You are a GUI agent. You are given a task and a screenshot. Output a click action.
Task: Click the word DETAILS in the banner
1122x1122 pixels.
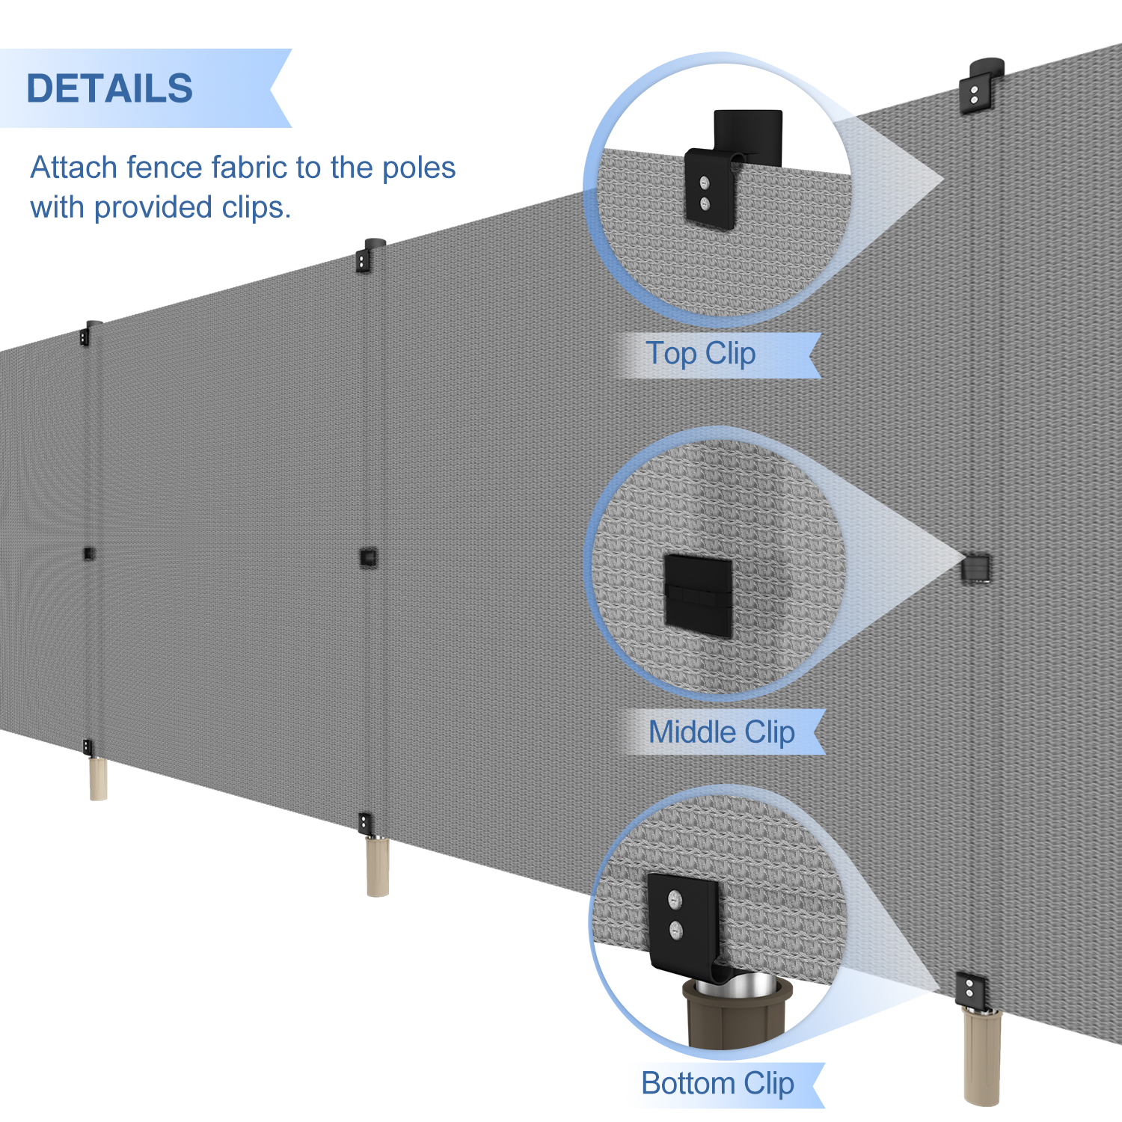[x=110, y=88]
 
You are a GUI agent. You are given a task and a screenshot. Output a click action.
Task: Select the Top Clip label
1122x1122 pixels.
[x=701, y=354]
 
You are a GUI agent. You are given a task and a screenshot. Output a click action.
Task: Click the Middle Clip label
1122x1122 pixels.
[x=721, y=732]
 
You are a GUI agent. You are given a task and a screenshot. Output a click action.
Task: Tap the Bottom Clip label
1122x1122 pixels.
[x=717, y=1084]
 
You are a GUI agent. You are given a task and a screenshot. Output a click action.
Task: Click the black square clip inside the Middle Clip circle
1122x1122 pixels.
[x=698, y=595]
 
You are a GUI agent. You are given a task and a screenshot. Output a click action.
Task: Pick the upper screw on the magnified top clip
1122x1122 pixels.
[x=704, y=183]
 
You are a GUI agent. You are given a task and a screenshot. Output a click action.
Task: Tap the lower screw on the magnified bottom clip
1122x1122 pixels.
[x=676, y=931]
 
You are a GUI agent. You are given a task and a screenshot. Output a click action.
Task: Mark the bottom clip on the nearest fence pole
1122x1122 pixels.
[x=969, y=989]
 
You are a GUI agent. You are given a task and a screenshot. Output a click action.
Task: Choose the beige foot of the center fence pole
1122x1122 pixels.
[x=378, y=866]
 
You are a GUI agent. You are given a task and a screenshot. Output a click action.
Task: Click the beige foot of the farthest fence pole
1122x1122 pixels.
[x=98, y=779]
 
